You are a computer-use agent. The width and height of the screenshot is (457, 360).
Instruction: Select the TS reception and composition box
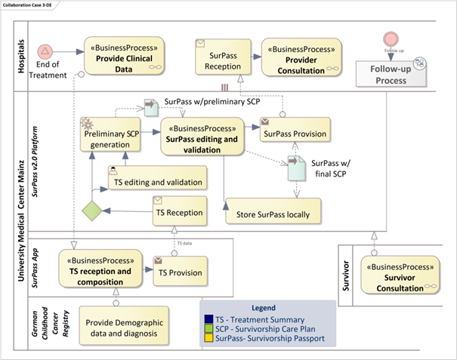point(103,267)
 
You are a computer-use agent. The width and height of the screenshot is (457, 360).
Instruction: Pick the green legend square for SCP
point(209,329)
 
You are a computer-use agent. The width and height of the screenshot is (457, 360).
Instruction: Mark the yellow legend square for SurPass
point(209,339)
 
